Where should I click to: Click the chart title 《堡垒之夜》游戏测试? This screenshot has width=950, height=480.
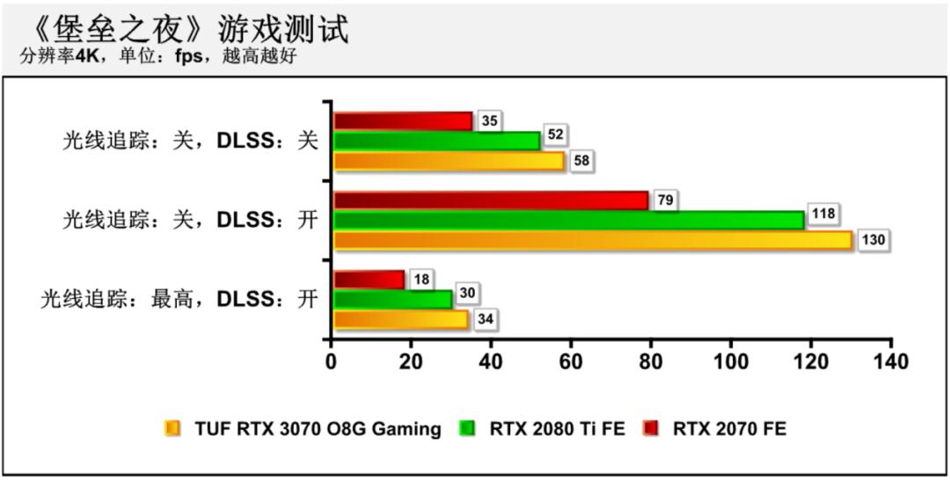click(185, 28)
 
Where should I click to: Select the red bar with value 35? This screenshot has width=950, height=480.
click(403, 121)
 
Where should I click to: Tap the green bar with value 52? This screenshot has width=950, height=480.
click(436, 141)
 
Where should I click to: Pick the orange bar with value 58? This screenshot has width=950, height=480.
click(449, 161)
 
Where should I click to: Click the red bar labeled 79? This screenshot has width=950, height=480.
click(491, 200)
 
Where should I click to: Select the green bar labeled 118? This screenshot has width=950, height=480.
click(568, 220)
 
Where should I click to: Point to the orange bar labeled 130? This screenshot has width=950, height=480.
click(593, 240)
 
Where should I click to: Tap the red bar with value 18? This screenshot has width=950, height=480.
click(369, 280)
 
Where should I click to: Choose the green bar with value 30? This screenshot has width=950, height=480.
click(392, 299)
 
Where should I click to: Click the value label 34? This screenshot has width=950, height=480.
click(485, 319)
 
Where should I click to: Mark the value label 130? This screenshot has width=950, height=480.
click(873, 240)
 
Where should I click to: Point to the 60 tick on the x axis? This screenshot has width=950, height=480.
click(571, 361)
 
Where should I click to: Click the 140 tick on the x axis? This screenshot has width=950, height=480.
click(890, 361)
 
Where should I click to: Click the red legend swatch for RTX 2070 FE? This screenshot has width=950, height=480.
click(650, 429)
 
